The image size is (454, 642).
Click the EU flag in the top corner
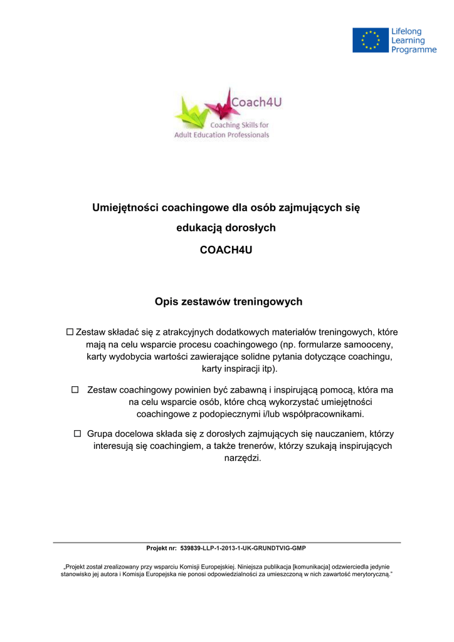(x=370, y=40)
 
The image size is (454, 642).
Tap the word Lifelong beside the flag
(x=407, y=31)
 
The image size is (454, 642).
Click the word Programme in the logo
(x=414, y=50)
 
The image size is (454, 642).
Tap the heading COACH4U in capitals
(x=226, y=250)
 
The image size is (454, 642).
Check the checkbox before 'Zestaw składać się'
(x=70, y=332)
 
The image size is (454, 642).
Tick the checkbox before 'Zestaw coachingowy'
(x=75, y=390)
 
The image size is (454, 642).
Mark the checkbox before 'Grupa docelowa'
(x=78, y=433)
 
